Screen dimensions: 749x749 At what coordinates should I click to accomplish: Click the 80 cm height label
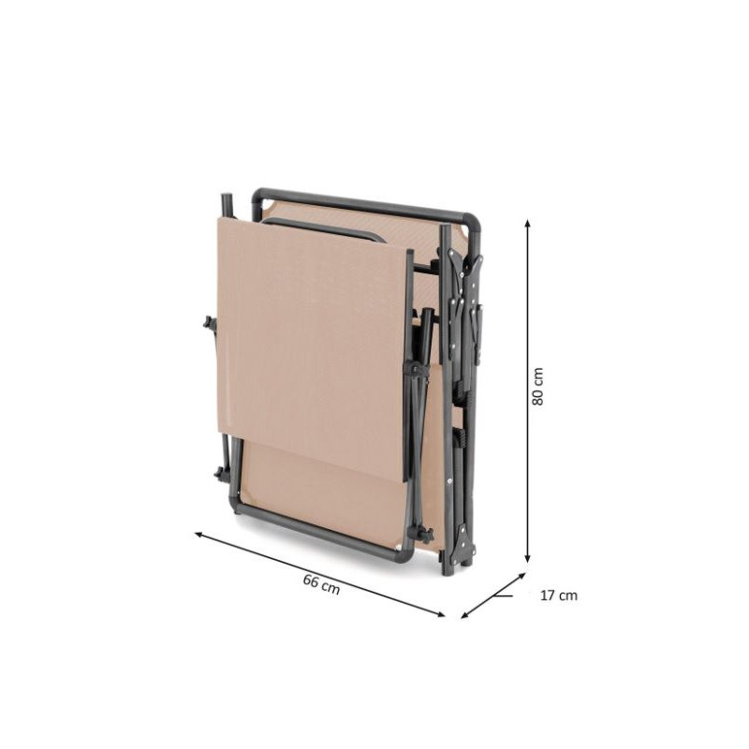point(537,387)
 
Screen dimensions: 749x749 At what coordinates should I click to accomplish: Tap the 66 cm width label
point(321,584)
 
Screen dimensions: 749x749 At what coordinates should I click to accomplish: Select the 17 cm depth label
point(559,595)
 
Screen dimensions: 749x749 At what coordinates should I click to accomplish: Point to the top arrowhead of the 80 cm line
point(527,223)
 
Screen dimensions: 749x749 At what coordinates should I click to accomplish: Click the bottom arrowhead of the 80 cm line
point(527,558)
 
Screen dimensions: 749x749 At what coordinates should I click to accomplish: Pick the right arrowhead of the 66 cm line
point(440,614)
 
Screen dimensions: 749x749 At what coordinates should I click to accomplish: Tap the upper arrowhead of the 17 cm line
point(521,576)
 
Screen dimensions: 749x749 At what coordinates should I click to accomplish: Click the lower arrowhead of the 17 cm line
point(464,615)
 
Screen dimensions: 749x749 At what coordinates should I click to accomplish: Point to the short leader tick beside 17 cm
point(504,595)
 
